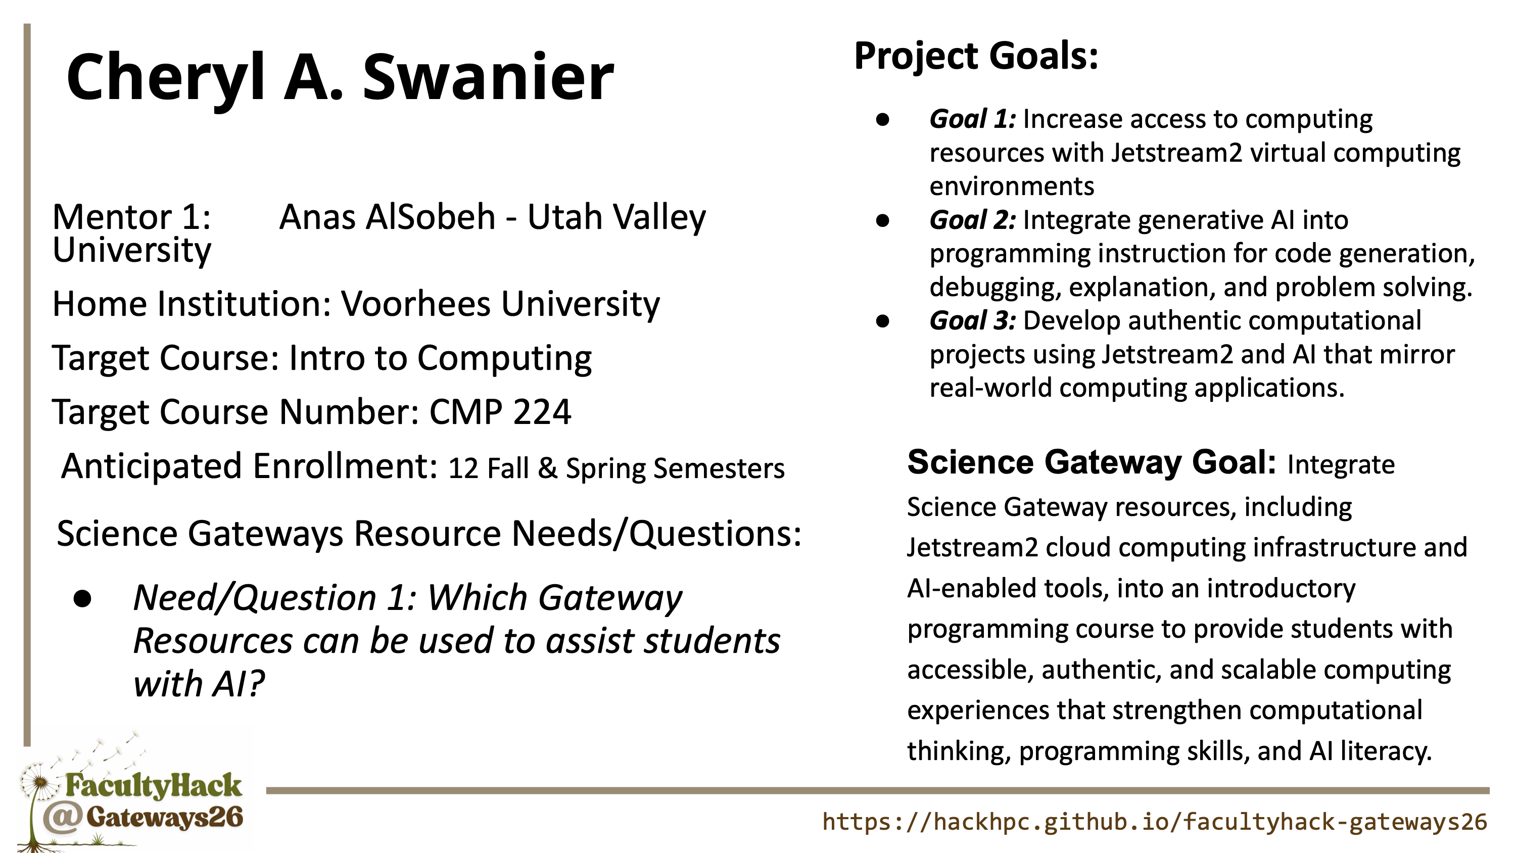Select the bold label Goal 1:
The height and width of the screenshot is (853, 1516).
[973, 119]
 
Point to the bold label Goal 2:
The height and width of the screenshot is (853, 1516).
[973, 220]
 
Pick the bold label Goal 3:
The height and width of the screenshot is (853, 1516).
[973, 321]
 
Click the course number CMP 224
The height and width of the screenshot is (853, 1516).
[500, 411]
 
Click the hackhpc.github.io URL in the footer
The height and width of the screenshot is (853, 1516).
[1155, 822]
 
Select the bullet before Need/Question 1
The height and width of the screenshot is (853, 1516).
[83, 599]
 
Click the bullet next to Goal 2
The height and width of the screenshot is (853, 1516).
[882, 221]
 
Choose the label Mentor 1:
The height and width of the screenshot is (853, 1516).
[132, 217]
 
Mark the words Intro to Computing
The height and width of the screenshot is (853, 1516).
[440, 358]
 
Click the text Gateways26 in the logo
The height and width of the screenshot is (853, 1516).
[165, 818]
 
